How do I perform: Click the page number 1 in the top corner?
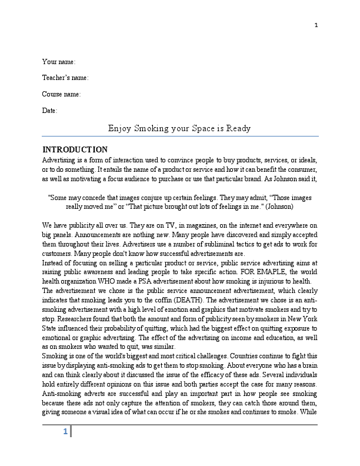(x=316, y=25)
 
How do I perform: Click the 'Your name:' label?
(x=58, y=61)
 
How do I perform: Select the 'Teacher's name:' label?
(x=65, y=78)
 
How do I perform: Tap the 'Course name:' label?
(x=61, y=94)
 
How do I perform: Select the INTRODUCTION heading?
(x=75, y=149)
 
